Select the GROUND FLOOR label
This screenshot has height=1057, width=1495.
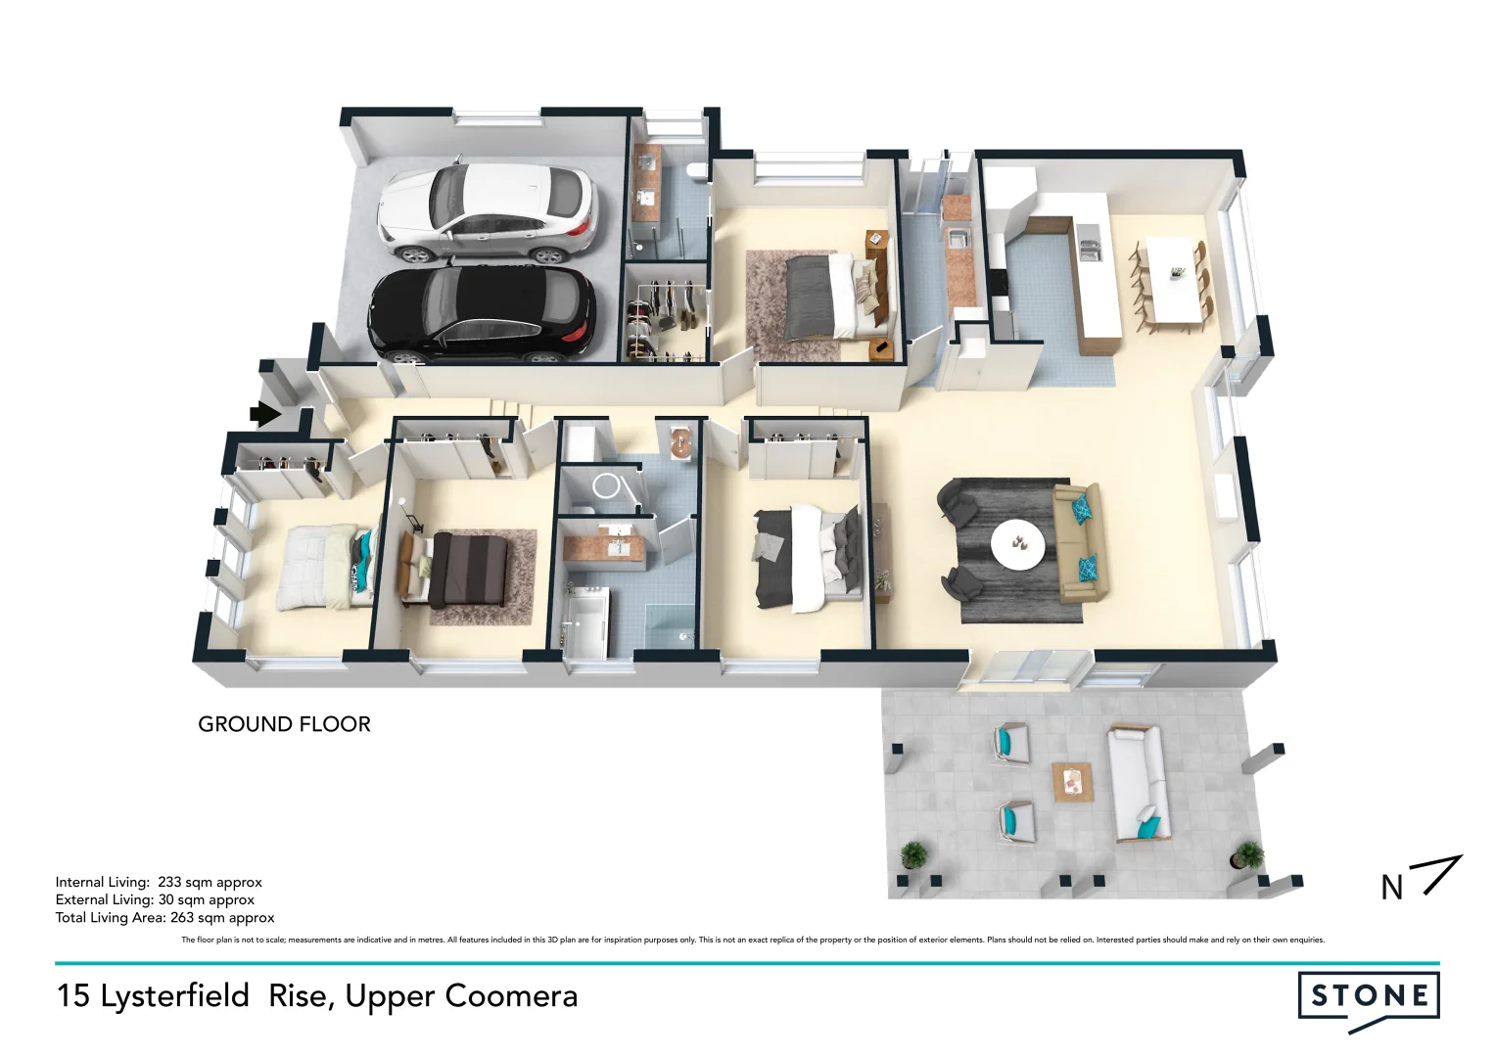point(284,724)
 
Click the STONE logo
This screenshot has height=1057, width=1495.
point(1369,997)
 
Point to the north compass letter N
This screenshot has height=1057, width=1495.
point(1391,888)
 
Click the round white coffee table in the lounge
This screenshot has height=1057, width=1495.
point(1017,543)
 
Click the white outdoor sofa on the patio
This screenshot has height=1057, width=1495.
point(1137,783)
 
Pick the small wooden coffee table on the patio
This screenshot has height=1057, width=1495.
point(1072,782)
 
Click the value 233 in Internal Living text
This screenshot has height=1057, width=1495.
point(169,882)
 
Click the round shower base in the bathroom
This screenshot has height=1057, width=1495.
point(606,486)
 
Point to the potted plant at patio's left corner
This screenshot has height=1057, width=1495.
point(913,854)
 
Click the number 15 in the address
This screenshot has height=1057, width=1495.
point(73,996)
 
